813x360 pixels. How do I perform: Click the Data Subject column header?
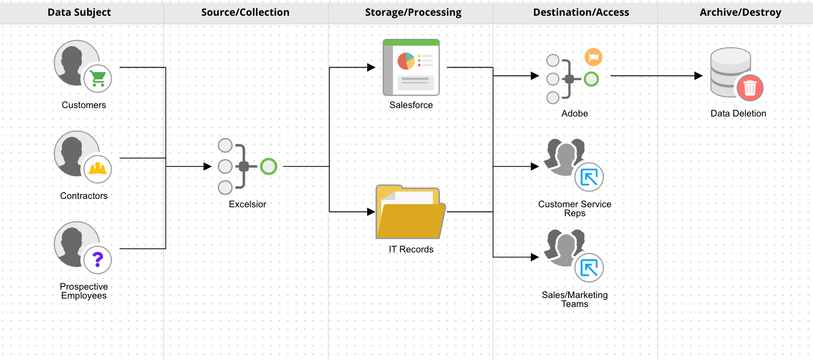click(x=79, y=12)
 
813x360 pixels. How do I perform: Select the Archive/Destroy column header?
click(x=740, y=12)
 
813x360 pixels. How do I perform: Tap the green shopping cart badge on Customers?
click(x=98, y=79)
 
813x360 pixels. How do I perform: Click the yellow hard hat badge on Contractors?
click(x=98, y=168)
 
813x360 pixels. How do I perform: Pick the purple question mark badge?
click(x=98, y=259)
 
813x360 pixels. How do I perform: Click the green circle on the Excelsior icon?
click(x=269, y=167)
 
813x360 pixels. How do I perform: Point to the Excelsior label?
click(x=248, y=204)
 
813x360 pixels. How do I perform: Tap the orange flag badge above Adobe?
click(x=593, y=57)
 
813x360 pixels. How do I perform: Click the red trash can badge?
click(x=750, y=88)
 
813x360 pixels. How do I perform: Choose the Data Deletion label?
click(x=738, y=113)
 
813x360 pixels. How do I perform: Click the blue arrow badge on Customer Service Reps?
click(x=589, y=177)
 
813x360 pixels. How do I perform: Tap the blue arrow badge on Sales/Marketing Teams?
click(x=589, y=268)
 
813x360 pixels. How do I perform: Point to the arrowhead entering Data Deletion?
click(x=698, y=76)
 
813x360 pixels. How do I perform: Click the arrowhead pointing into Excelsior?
click(x=207, y=167)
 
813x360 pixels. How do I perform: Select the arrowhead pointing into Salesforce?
click(x=371, y=67)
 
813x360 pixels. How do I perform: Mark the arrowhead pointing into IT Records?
click(x=371, y=212)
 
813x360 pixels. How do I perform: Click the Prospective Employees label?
click(x=84, y=291)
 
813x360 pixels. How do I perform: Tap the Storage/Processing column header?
click(x=413, y=12)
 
